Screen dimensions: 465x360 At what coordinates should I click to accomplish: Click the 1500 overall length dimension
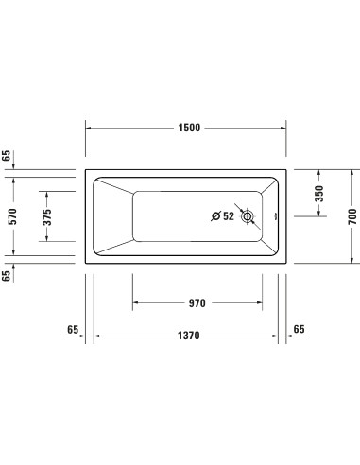point(189,128)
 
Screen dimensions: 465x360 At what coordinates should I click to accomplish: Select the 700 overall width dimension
point(350,216)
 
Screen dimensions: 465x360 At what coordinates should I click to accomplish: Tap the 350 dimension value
point(318,194)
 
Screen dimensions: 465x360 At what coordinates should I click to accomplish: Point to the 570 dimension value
point(11,215)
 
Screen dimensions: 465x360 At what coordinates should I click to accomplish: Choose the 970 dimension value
point(197,303)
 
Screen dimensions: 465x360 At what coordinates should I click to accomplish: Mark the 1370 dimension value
point(189,336)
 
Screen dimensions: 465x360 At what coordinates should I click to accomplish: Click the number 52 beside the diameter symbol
point(228,216)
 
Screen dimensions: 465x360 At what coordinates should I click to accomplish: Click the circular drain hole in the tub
point(248,216)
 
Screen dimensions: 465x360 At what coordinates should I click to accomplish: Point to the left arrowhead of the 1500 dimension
point(90,128)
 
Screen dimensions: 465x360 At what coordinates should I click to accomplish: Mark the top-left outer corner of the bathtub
point(87,171)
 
